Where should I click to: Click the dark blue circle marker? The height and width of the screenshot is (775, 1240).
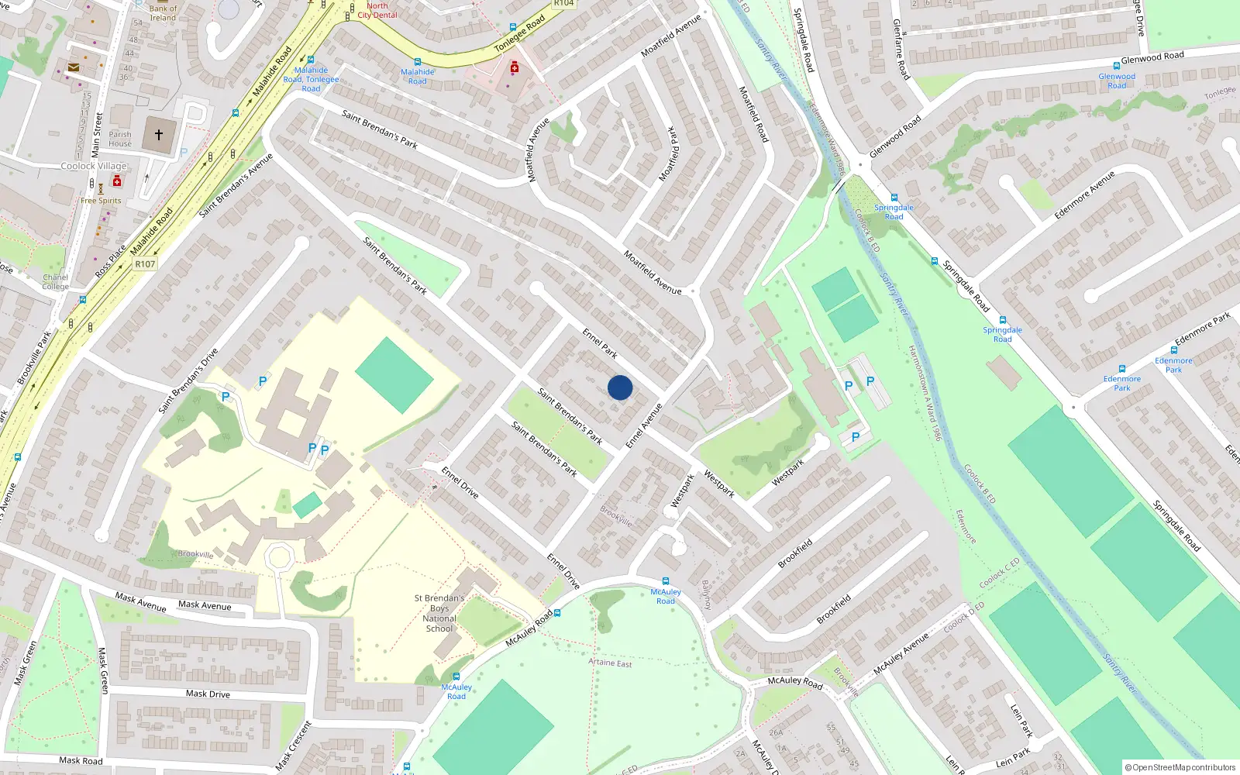pos(620,387)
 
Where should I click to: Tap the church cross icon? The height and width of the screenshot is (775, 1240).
pos(159,135)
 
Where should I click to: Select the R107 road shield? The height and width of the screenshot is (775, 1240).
pos(145,264)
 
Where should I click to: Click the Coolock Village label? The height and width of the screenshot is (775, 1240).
pos(94,166)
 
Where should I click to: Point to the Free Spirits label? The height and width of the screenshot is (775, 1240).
pos(101,201)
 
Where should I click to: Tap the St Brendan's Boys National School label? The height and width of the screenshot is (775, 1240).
pos(439,613)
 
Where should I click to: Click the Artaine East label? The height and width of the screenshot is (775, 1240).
pos(610,663)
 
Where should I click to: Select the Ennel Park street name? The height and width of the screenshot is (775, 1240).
pos(600,343)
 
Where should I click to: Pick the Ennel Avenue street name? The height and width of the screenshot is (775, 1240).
pos(644,425)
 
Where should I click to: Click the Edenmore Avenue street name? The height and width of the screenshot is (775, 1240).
pos(1084,195)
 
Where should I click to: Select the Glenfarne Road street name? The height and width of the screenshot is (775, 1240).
pos(901,50)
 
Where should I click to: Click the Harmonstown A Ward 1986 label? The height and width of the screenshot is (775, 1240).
pos(925,393)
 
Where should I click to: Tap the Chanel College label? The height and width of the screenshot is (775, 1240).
pos(55,281)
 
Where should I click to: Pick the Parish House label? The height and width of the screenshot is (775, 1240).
pos(120,139)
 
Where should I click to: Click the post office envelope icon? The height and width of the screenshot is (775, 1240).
pos(73,67)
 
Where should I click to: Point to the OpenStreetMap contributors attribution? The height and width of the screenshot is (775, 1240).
pos(1180,767)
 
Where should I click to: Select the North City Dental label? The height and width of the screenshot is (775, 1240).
pos(377,10)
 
